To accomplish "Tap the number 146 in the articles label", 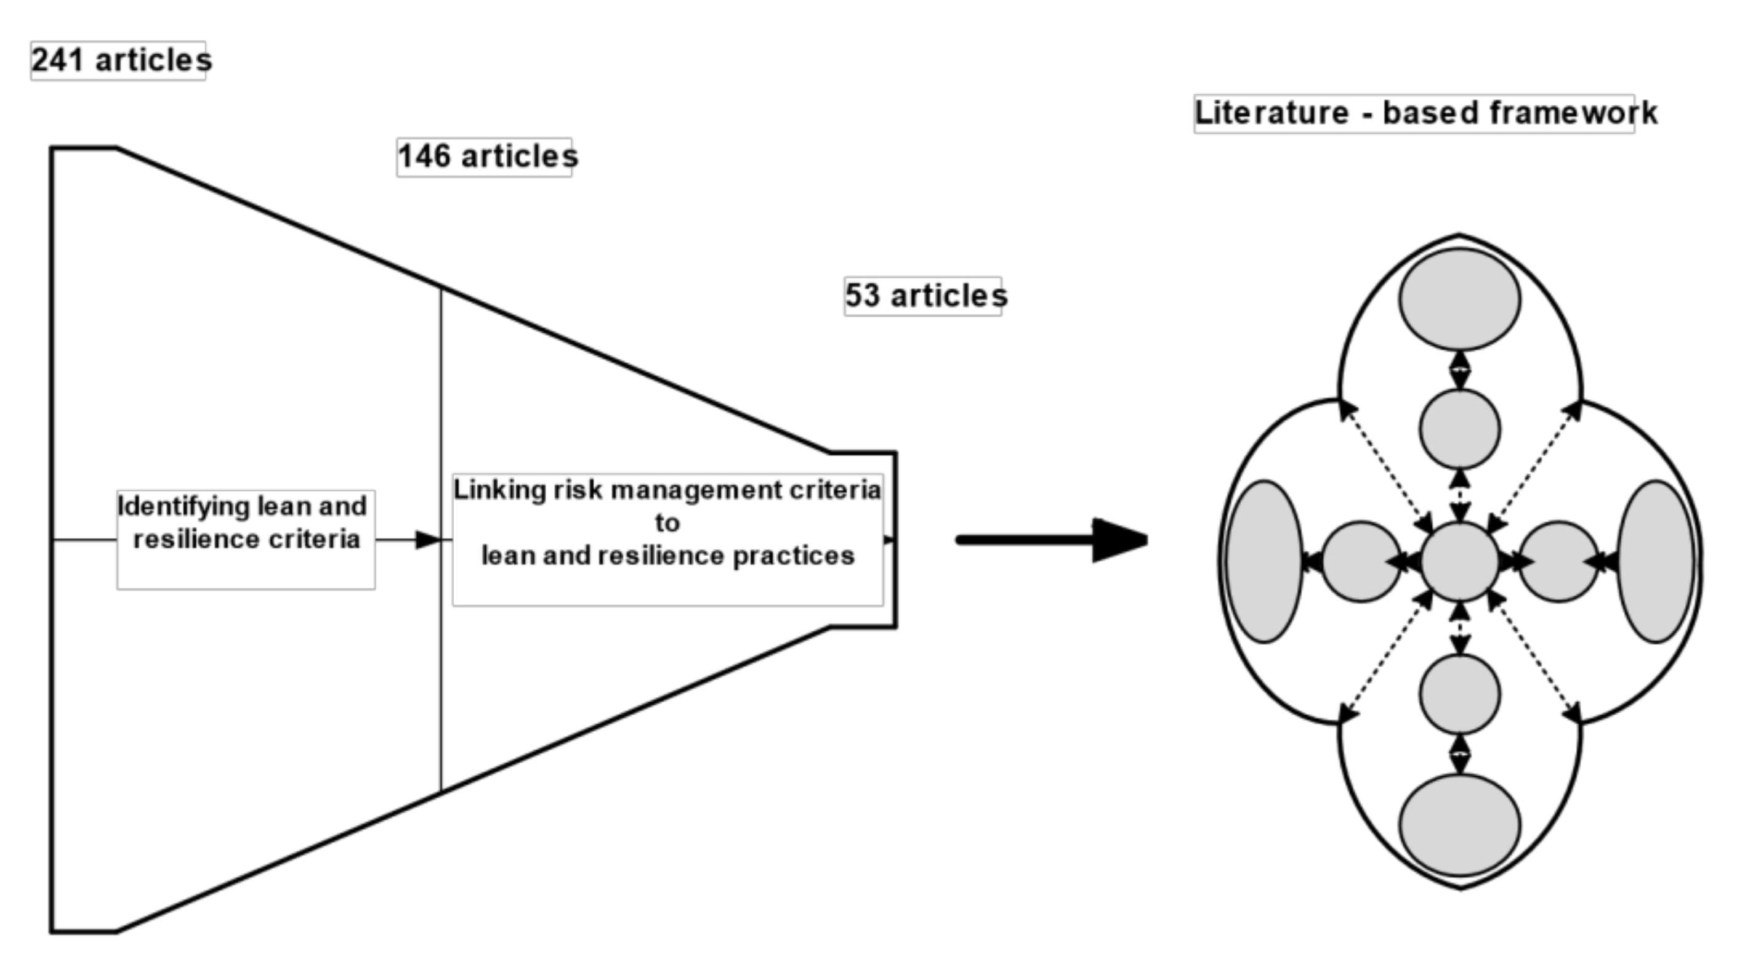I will point(424,156).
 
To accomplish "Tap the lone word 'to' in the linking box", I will point(667,523).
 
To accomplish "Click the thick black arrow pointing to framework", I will point(1052,540).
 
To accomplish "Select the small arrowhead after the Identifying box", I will point(427,540).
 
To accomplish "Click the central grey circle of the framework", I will point(1460,561).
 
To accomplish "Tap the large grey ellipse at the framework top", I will point(1460,299).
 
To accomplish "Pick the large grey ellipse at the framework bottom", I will point(1460,825).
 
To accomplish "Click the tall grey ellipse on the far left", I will point(1263,561).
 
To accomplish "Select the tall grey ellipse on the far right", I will point(1656,561).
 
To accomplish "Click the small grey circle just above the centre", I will point(1460,429).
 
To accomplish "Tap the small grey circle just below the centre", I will point(1460,694).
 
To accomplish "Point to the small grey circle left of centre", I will point(1361,561).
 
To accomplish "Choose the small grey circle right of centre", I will point(1558,561).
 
